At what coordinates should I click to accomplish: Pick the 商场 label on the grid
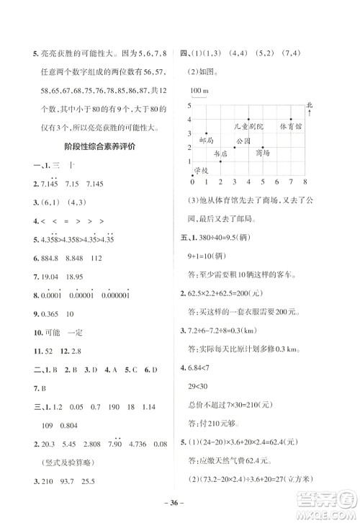pyautogui.click(x=262, y=153)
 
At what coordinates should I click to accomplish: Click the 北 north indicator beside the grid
pyautogui.click(x=309, y=105)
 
